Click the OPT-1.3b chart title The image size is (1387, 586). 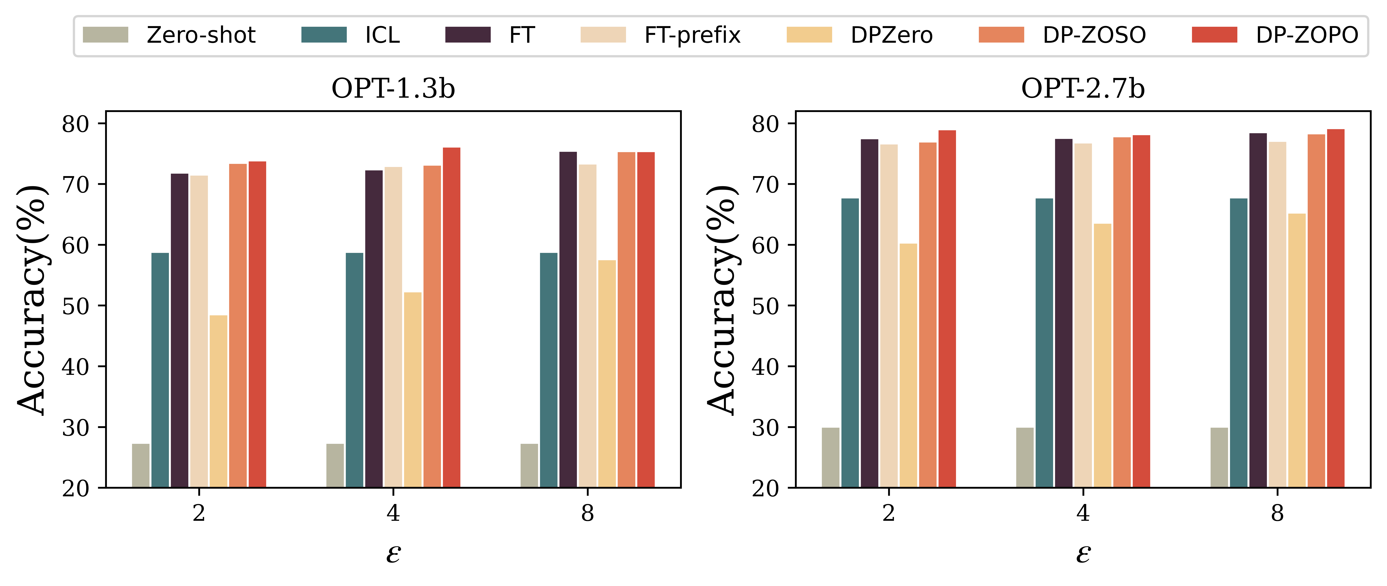393,89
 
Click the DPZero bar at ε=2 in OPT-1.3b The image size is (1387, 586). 218,401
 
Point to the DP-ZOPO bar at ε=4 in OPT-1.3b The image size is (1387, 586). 451,317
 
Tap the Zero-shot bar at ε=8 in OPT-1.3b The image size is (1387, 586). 529,466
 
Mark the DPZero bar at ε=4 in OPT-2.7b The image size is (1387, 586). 1102,355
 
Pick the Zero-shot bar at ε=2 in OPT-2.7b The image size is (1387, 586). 830,457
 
